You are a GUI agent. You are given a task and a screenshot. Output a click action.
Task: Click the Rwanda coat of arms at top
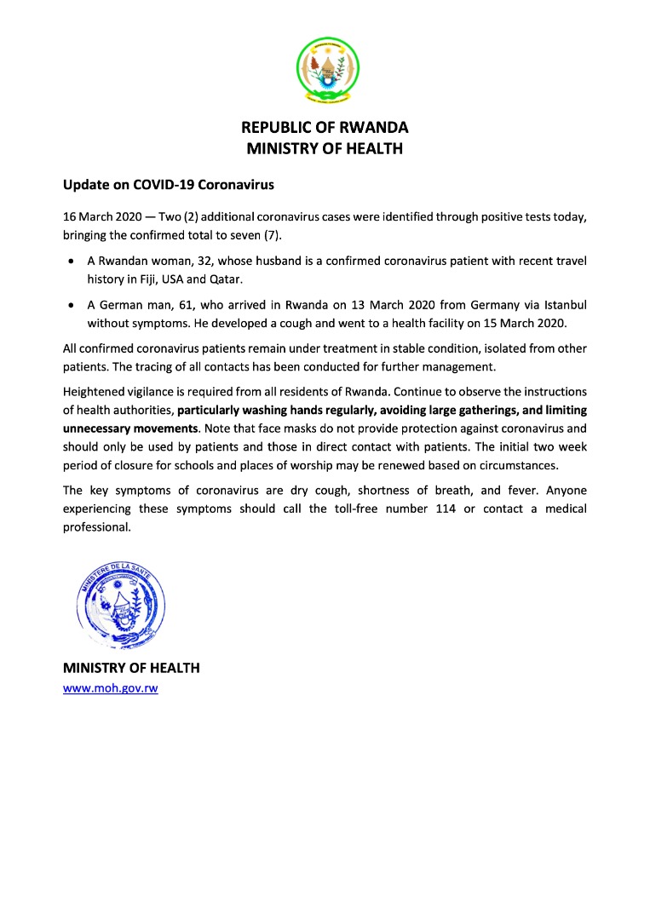pos(327,70)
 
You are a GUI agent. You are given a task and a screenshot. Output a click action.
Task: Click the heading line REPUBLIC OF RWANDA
pos(325,128)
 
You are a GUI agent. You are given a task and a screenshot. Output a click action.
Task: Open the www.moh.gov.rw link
pos(111,687)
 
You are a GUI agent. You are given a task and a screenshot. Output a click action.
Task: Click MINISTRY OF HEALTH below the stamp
pos(131,668)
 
